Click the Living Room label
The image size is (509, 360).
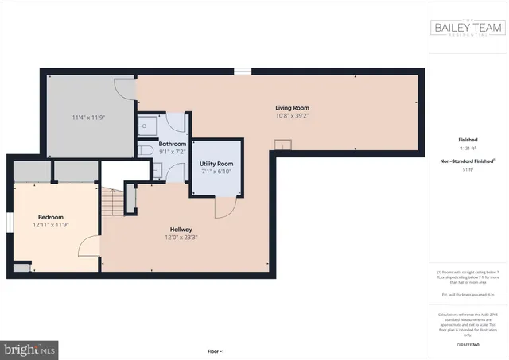292,108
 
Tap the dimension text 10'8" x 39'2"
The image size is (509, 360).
292,116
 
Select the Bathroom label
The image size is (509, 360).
173,144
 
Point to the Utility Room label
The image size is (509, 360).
216,163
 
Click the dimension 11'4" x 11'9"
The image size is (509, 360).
88,118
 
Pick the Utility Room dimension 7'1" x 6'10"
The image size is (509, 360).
216,171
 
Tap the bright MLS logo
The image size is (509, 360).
30,348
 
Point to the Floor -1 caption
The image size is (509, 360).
216,350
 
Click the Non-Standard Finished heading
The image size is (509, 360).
465,161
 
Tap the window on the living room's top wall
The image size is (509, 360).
243,72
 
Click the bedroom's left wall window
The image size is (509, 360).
10,222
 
